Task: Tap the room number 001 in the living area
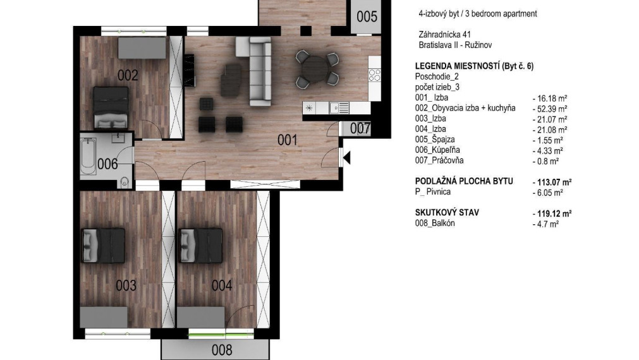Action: coord(288,140)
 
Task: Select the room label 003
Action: coord(126,285)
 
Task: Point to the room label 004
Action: coord(221,285)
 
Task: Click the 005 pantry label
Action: coord(367,17)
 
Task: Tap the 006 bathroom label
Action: coord(107,164)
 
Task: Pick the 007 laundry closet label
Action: coord(360,128)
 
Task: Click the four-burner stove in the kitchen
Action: coord(374,75)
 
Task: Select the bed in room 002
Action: coord(111,107)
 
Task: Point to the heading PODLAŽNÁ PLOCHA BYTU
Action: coord(463,182)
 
